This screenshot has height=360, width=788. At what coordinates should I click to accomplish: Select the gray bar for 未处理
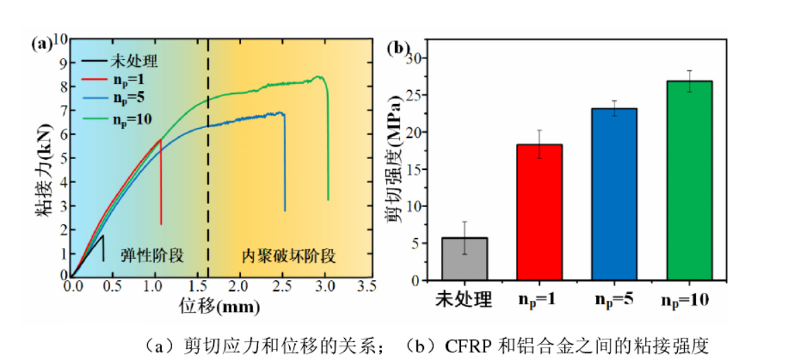[x=465, y=259]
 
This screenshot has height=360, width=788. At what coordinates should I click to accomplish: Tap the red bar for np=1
[x=539, y=212]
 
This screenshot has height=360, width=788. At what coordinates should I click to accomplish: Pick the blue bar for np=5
[x=613, y=194]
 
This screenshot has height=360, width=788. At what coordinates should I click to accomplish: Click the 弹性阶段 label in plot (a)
[x=152, y=256]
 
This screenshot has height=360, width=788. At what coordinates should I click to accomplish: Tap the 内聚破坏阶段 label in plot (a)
[x=288, y=256]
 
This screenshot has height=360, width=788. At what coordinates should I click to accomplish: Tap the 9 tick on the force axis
[x=63, y=63]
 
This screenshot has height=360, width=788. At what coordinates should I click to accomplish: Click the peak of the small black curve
[x=103, y=236]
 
